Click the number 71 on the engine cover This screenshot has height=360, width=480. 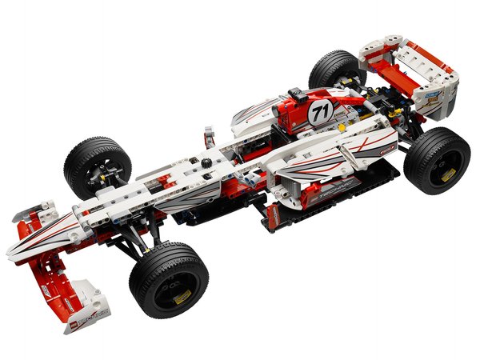click(322, 110)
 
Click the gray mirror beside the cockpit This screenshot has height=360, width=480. click(210, 132)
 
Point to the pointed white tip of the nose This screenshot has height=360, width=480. click(14, 254)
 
